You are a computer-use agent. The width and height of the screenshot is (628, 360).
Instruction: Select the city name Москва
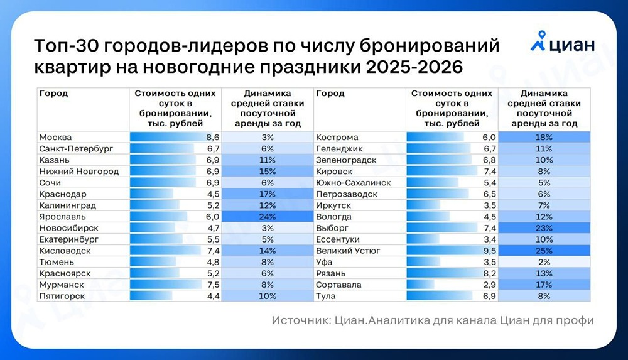click(x=55, y=138)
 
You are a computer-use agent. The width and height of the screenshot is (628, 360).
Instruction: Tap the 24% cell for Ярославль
click(x=268, y=217)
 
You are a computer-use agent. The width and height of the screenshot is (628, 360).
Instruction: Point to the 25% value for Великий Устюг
click(x=544, y=251)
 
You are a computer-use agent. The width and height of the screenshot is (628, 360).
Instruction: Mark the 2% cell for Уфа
click(x=544, y=262)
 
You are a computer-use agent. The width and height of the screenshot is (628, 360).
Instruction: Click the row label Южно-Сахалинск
click(x=354, y=183)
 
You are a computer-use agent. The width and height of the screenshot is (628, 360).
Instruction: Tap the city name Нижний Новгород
click(x=78, y=172)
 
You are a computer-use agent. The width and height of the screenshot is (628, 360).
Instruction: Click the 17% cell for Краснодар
click(x=268, y=194)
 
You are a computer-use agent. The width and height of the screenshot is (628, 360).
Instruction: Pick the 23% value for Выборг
click(x=544, y=228)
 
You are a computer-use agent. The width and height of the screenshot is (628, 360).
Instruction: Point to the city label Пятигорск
click(x=62, y=296)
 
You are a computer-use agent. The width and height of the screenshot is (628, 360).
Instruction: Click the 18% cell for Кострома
click(x=544, y=138)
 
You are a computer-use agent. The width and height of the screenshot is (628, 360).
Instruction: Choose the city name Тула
click(x=325, y=296)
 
